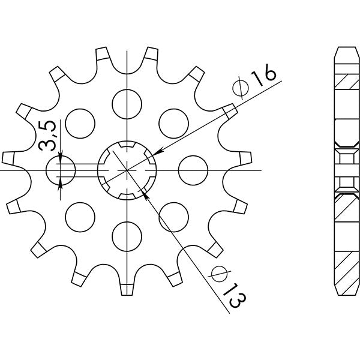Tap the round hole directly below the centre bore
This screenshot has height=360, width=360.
(127, 235)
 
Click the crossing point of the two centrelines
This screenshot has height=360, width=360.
(127, 170)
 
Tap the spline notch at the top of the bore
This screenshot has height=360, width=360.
(127, 146)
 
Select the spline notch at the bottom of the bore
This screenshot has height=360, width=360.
(127, 195)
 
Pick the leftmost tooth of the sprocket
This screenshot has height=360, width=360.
(8, 157)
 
